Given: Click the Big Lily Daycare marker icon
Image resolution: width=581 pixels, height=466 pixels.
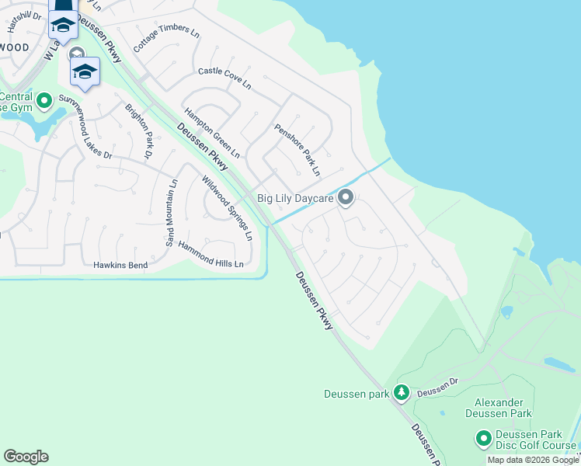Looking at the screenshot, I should tap(346, 199).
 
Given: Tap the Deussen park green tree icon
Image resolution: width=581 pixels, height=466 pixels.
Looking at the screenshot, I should tap(402, 393).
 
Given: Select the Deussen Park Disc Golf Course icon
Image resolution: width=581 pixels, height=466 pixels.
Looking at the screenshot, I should tap(484, 440).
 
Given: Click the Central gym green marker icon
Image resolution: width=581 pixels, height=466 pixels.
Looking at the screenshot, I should tap(44, 100).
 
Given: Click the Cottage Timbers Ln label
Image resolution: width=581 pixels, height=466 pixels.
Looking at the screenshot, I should tap(166, 37).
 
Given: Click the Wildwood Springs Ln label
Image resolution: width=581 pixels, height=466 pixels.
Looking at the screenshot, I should tap(228, 207).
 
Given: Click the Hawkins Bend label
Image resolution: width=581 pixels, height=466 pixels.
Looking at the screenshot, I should tap(120, 265).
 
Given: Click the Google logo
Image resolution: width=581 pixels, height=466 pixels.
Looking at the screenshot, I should tap(26, 457).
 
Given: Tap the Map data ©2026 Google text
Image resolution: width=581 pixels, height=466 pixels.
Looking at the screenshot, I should tap(533, 460).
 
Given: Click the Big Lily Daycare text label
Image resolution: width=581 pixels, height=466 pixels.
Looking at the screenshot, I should tap(296, 200).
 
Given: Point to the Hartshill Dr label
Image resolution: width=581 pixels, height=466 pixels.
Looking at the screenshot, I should tap(24, 21).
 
